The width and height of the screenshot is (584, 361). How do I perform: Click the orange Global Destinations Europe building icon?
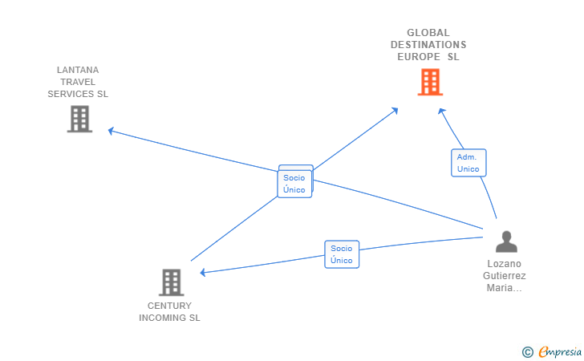[430, 82]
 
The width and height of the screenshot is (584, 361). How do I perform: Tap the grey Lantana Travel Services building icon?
[79, 119]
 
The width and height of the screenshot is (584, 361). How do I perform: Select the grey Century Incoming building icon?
[172, 282]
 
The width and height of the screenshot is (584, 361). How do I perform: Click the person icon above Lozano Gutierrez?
[506, 241]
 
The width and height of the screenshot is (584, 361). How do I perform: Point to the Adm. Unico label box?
[468, 163]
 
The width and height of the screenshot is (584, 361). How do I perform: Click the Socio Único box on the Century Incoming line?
[342, 254]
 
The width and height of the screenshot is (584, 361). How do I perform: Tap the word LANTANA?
[78, 70]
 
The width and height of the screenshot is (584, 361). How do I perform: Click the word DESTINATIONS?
[428, 45]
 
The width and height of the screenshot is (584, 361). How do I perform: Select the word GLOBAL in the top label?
[428, 33]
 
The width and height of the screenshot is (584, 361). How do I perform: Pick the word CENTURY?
[169, 306]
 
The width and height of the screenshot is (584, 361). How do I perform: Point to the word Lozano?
[505, 264]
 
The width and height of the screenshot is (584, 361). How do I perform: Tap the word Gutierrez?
[505, 276]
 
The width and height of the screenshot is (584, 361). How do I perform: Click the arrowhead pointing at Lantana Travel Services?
[111, 131]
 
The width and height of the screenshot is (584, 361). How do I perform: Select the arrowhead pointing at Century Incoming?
[203, 273]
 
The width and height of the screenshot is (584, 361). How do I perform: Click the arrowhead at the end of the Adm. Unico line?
[441, 111]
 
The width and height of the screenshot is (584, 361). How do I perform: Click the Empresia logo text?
[560, 351]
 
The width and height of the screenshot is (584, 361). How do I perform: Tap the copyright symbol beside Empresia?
[527, 352]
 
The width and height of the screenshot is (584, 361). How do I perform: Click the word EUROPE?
[419, 57]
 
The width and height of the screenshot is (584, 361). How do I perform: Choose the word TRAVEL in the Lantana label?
[78, 82]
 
